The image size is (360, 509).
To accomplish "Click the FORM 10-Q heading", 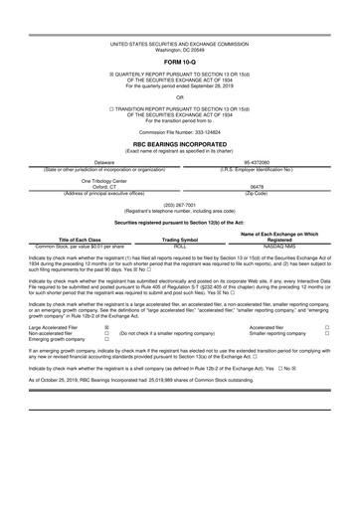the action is click(180, 67).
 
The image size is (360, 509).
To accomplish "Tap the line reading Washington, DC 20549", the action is click(180, 52).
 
